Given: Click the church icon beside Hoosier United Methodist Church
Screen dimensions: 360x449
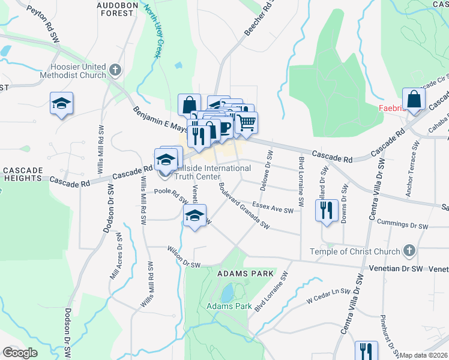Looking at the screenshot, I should [116, 70].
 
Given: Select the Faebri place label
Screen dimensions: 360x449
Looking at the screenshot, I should [391, 109].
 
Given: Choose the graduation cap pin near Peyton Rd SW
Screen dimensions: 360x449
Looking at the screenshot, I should [61, 103].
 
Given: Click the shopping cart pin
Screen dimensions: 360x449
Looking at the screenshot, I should [246, 122].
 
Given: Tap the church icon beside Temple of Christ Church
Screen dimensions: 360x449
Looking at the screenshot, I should [409, 250].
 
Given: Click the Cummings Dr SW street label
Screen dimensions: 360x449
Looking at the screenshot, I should [402, 223].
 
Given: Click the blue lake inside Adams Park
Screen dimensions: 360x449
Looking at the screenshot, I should [227, 293].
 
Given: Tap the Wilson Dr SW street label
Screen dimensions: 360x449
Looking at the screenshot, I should [183, 256].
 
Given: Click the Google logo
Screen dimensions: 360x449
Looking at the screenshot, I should [20, 353].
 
